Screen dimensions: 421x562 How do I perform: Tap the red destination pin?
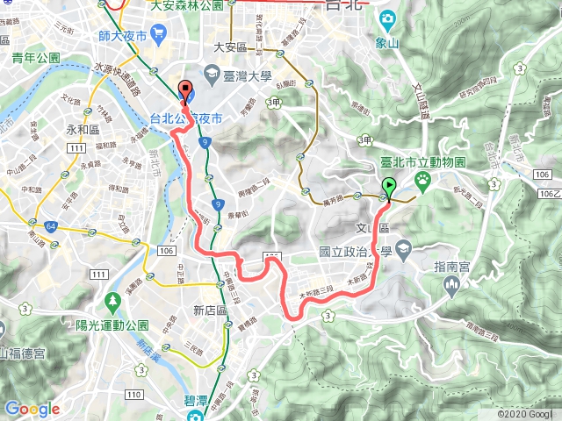[185, 89]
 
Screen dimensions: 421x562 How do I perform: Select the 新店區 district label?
[211, 310]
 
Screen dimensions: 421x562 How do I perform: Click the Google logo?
[32, 409]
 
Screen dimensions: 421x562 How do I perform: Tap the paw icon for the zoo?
[423, 181]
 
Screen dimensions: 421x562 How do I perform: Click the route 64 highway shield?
[52, 227]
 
